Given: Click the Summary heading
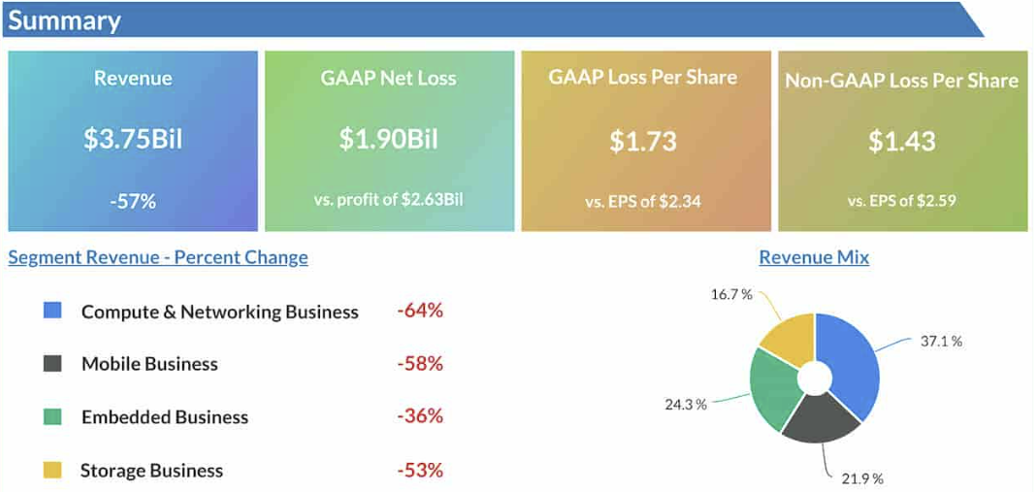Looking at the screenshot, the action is pyautogui.click(x=64, y=20).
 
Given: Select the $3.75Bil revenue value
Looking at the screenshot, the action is pyautogui.click(x=133, y=139).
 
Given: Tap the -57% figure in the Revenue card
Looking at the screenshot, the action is pyautogui.click(x=133, y=201).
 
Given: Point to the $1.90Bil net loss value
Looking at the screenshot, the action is pyautogui.click(x=389, y=139).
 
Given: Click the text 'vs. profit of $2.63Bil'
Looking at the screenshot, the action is pyautogui.click(x=389, y=199).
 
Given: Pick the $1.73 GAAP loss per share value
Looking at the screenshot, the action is pyautogui.click(x=643, y=141).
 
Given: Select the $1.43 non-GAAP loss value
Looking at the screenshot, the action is pyautogui.click(x=901, y=141).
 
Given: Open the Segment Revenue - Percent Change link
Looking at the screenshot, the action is pyautogui.click(x=157, y=257).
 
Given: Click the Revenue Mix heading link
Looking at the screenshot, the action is pyautogui.click(x=814, y=257).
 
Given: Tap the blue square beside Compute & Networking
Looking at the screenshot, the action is pyautogui.click(x=52, y=310).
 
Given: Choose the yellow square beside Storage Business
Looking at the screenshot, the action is pyautogui.click(x=52, y=470).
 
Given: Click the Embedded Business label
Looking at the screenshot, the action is pyautogui.click(x=165, y=417).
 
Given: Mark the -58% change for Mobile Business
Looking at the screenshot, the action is pyautogui.click(x=419, y=363).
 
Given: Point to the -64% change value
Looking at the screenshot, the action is pyautogui.click(x=419, y=310).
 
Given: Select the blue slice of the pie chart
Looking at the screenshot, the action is pyautogui.click(x=852, y=363).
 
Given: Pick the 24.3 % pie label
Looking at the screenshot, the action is pyautogui.click(x=685, y=405).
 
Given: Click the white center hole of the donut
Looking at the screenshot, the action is pyautogui.click(x=815, y=377).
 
